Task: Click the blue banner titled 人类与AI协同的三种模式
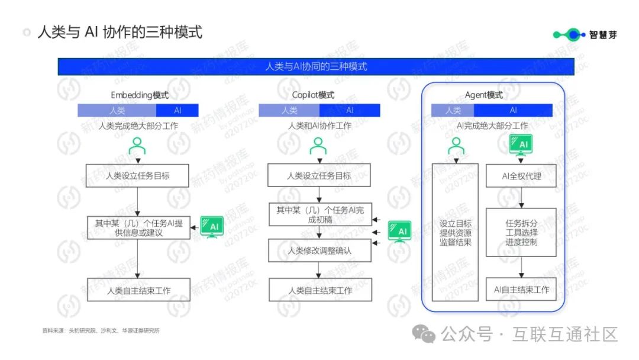point(315,66)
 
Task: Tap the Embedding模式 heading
point(140,95)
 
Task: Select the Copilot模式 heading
point(313,95)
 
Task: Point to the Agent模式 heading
point(483,95)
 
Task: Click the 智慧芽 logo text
point(603,34)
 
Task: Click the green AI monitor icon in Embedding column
point(212,227)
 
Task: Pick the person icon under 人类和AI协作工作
point(318,146)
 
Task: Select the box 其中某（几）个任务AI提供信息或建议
point(138,228)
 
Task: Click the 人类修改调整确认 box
point(319,250)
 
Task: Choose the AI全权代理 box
point(521,176)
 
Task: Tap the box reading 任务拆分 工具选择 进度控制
point(521,232)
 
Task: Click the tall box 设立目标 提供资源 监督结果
point(455,232)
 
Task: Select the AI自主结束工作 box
point(521,290)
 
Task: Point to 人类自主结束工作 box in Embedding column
point(138,290)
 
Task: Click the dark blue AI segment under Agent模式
point(513,110)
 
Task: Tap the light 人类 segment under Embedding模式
point(117,110)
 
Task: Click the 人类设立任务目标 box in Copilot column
point(319,176)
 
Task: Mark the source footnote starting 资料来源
point(101,331)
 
